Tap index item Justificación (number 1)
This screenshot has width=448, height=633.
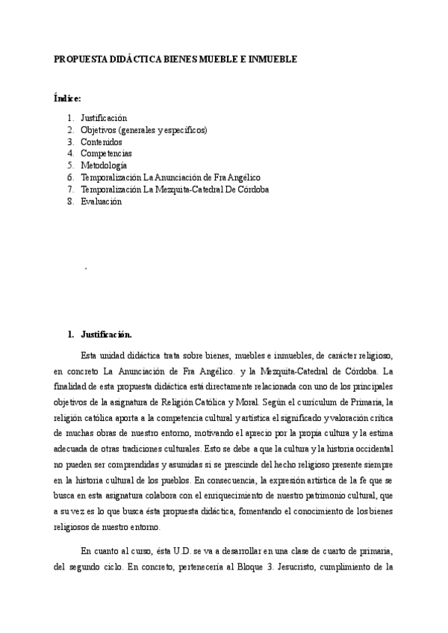click(104, 118)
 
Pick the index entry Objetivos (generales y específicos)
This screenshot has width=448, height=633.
click(144, 130)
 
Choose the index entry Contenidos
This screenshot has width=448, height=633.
click(102, 142)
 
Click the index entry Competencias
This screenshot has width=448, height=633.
click(106, 154)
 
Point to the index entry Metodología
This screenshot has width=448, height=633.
click(104, 166)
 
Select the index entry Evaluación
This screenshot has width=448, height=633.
click(101, 202)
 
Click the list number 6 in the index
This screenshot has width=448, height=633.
click(69, 178)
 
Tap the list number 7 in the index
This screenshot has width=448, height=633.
click(69, 190)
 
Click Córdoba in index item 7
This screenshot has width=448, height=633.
click(252, 190)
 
